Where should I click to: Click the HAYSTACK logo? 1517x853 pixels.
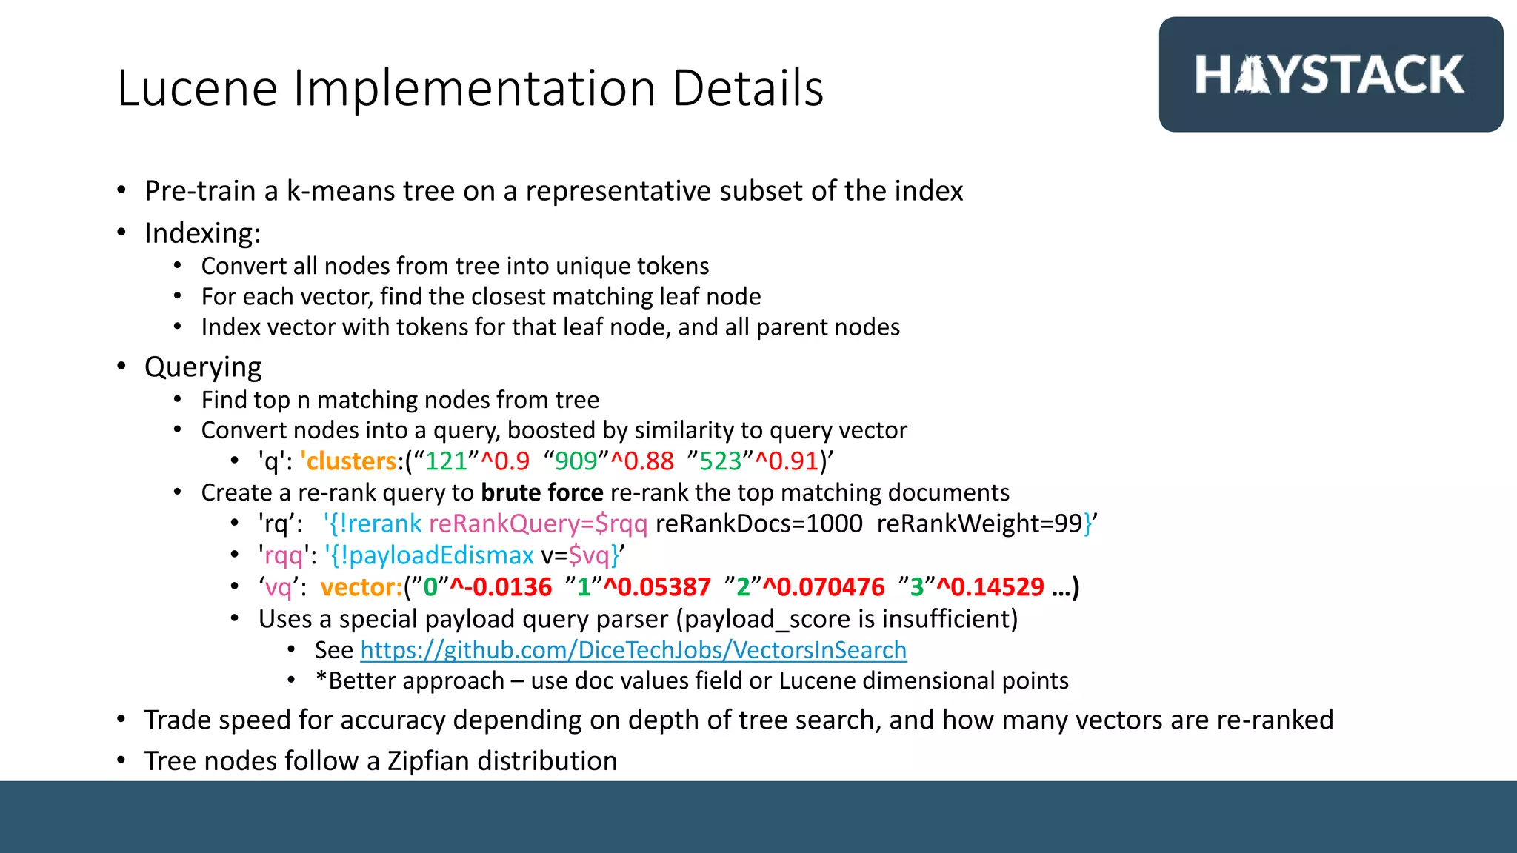tap(1330, 75)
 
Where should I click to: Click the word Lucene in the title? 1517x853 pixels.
tap(197, 89)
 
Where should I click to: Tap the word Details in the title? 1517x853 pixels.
tap(748, 89)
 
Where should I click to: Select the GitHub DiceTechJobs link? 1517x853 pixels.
tap(633, 650)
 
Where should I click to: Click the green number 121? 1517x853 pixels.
tap(447, 461)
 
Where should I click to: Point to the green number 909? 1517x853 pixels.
tap(576, 461)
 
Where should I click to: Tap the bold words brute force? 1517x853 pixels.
tap(542, 493)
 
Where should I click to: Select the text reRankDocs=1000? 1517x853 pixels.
tap(759, 524)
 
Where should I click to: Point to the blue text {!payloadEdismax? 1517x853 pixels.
tap(431, 555)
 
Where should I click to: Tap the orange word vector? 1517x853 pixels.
tap(361, 588)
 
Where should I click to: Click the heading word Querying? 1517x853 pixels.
tap(203, 367)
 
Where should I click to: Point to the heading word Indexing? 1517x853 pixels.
tap(202, 233)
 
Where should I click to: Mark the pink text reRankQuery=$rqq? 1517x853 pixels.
tap(538, 524)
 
